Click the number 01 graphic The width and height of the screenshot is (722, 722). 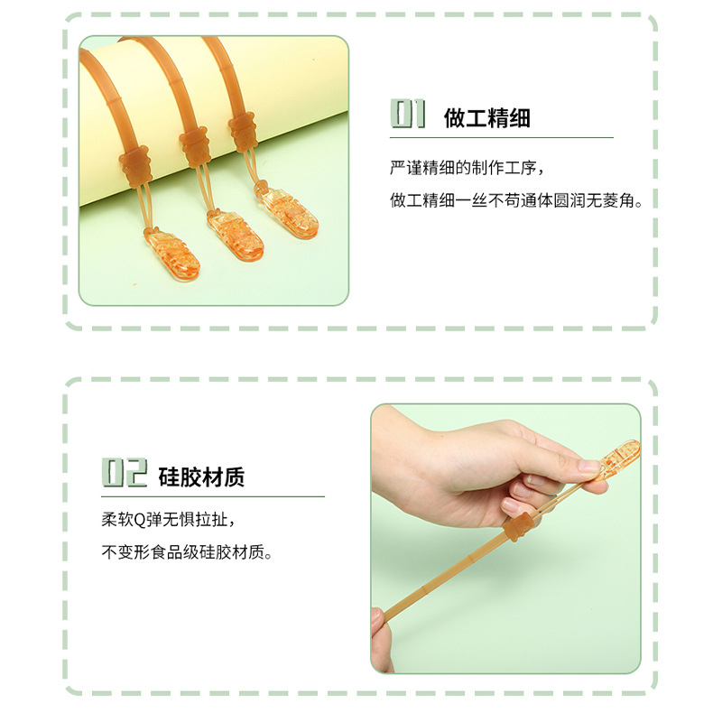pos(408,115)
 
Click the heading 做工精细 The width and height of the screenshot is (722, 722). pos(486,117)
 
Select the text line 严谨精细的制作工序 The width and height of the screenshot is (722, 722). pos(467,168)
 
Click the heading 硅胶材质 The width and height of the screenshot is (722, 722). pos(201,477)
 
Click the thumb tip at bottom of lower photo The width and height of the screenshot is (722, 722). pos(380,624)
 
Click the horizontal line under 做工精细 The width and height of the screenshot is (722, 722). pos(501,137)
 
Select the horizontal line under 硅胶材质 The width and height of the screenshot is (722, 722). pos(212,496)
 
